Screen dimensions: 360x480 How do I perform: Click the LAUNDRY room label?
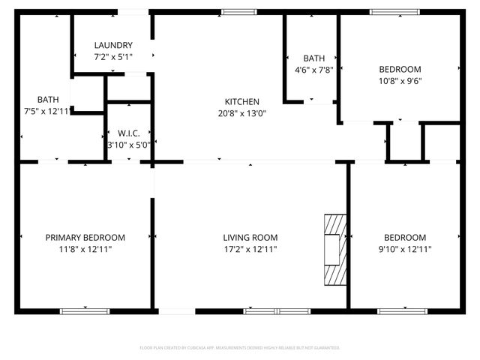(114, 46)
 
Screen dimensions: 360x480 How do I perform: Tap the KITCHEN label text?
(242, 102)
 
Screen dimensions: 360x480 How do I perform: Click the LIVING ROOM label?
(250, 238)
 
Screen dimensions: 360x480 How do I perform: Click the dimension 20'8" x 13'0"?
(242, 114)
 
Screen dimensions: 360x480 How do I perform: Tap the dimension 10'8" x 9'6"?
(400, 81)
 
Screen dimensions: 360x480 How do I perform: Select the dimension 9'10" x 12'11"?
(404, 249)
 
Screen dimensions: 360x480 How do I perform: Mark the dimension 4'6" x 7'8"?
(313, 70)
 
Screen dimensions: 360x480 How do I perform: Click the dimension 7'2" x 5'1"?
(114, 57)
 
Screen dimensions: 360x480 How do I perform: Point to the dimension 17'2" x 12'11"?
(250, 249)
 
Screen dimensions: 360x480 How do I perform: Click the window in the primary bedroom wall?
(85, 311)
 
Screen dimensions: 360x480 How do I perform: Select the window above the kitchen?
(238, 11)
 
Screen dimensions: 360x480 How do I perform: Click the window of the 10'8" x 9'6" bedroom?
(395, 11)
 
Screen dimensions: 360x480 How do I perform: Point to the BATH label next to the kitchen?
(313, 58)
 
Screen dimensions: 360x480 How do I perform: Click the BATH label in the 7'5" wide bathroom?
(48, 99)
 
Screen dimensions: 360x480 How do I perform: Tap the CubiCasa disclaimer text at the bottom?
(240, 348)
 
